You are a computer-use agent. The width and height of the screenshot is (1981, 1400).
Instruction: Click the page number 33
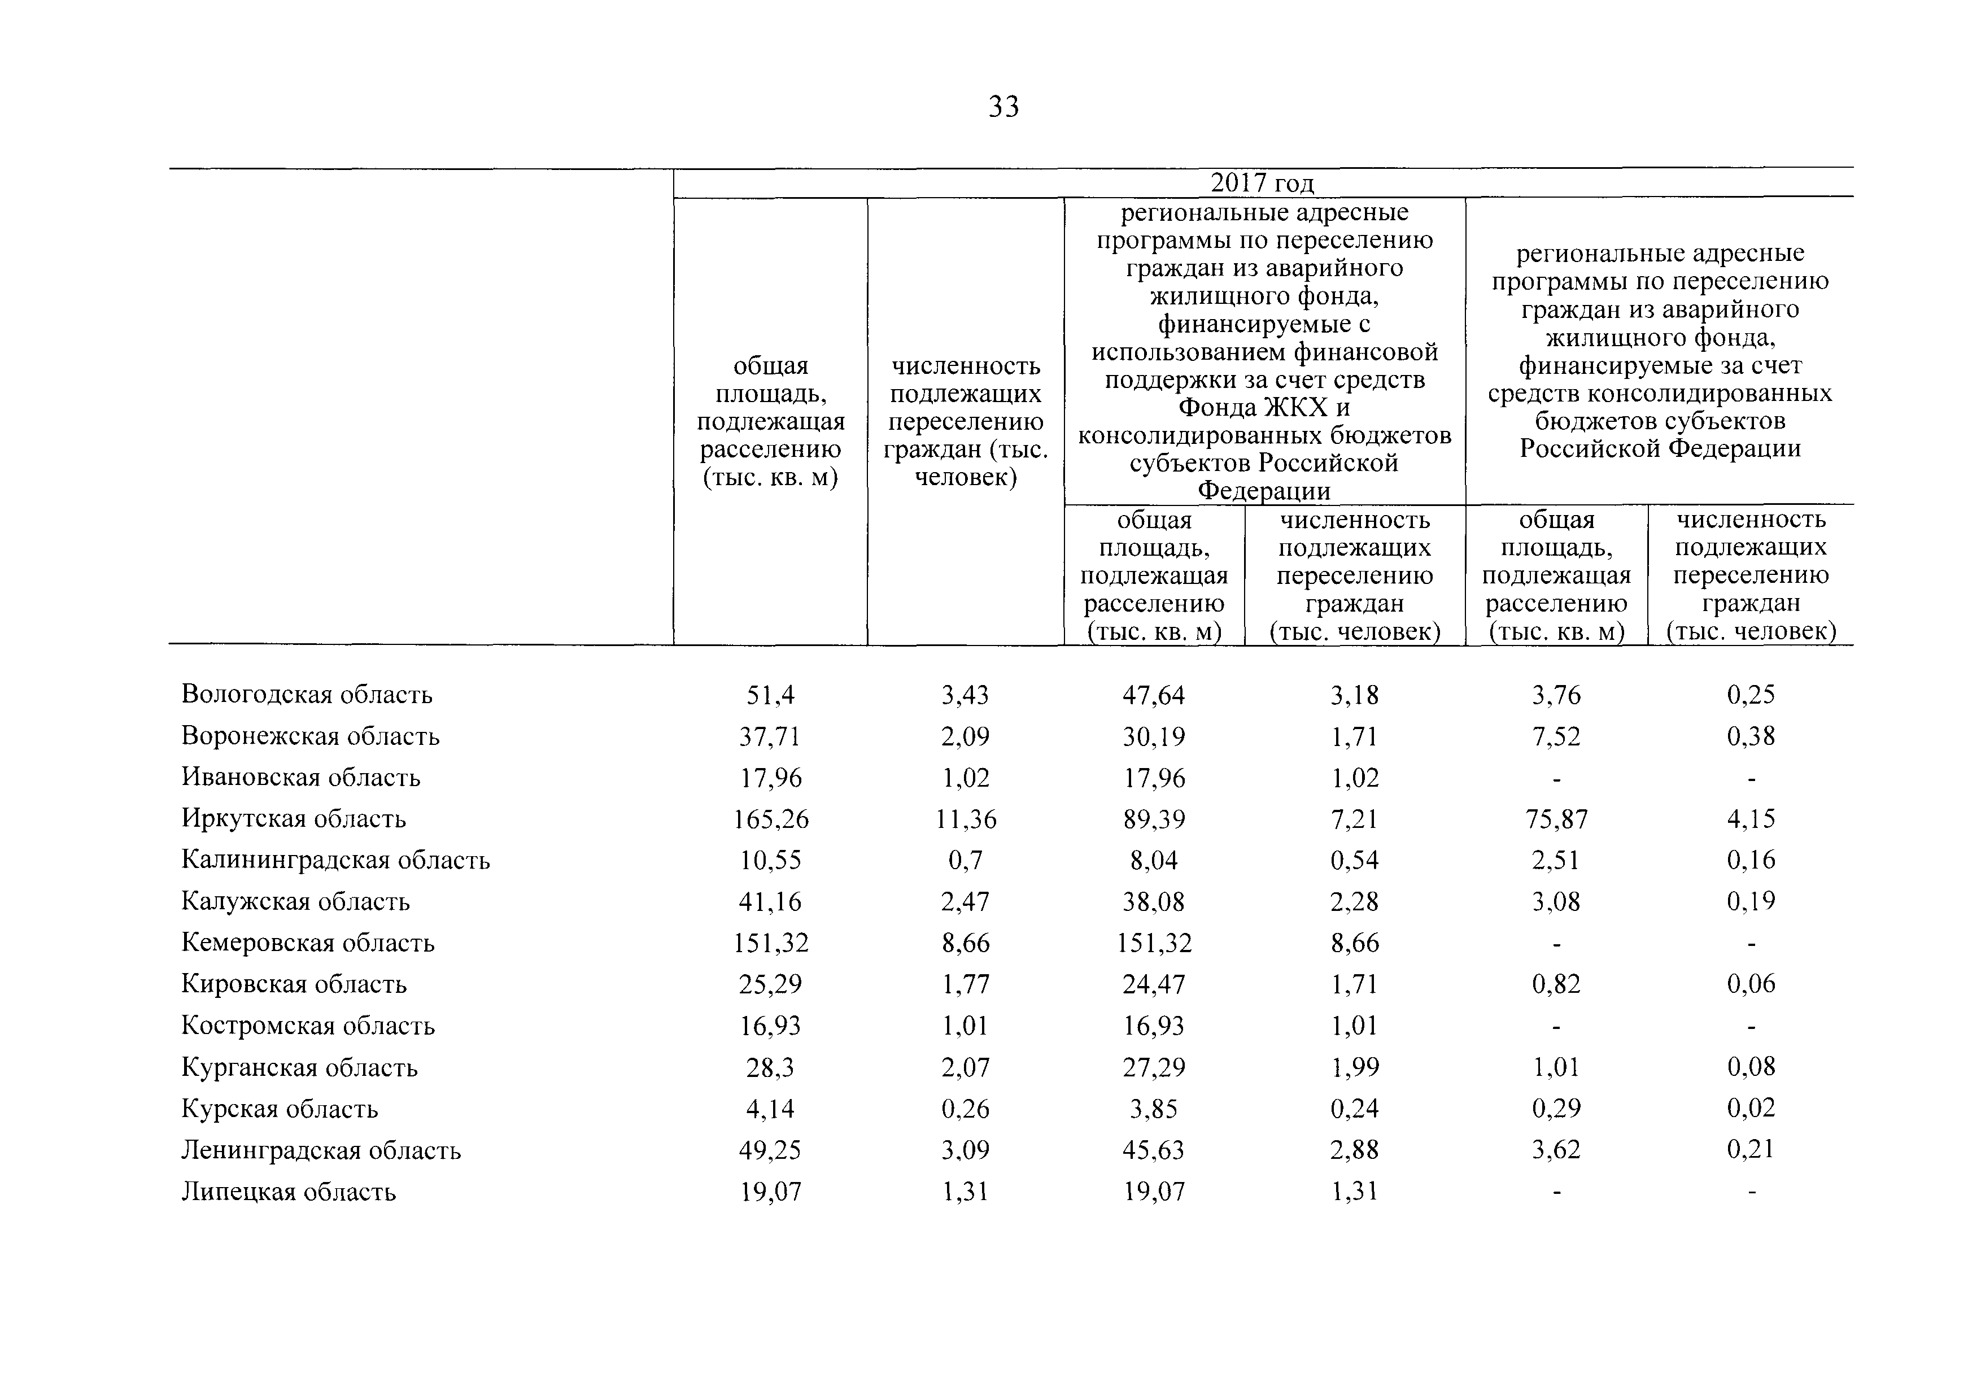coord(1003,107)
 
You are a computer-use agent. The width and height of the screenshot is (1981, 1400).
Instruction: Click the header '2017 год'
coord(1262,183)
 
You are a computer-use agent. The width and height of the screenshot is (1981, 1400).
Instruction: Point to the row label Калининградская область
coord(335,860)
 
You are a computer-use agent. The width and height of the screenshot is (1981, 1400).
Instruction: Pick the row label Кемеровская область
coord(307,943)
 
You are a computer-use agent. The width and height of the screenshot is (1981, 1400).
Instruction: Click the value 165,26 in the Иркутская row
coord(770,819)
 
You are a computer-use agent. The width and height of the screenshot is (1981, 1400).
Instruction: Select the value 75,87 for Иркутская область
coord(1556,819)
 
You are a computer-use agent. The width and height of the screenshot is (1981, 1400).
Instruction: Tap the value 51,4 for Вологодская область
coord(770,695)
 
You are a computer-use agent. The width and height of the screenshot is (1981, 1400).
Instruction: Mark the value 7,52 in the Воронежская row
coord(1556,736)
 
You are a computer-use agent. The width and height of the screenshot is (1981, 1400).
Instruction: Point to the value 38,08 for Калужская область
coord(1154,901)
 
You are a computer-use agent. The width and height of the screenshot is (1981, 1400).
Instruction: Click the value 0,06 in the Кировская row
coord(1751,984)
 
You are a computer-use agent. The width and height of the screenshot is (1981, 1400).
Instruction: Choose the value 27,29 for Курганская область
coord(1154,1067)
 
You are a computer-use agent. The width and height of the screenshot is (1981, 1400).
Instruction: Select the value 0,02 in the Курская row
coord(1751,1109)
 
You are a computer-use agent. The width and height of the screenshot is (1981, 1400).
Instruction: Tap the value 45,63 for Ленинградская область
coord(1154,1150)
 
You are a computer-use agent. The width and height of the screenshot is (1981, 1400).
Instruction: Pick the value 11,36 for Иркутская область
coord(966,819)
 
